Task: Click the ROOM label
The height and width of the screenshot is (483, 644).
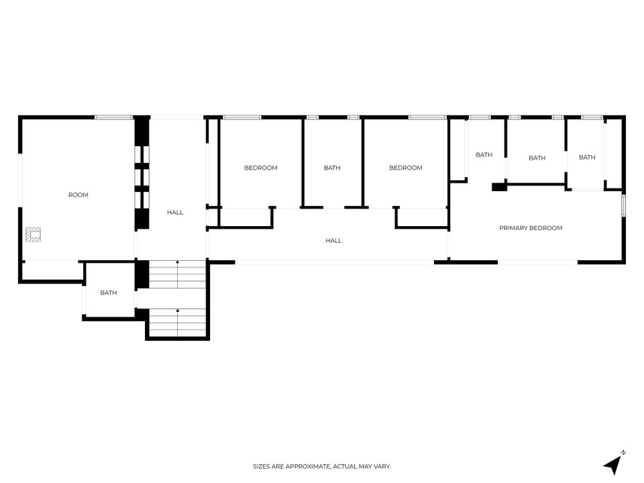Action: (78, 195)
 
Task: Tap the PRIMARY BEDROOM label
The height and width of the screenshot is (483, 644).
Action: (531, 228)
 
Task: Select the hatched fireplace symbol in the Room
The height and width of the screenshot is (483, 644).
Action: (33, 235)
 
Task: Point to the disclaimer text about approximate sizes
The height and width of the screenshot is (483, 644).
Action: (321, 466)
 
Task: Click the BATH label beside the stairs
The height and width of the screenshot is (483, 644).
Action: (109, 293)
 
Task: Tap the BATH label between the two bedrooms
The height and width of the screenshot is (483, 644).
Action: (332, 168)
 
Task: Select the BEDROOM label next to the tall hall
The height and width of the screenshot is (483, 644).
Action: (261, 168)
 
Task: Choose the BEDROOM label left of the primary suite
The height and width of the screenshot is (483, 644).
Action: (405, 168)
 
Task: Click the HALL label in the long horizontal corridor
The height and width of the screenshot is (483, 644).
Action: (333, 240)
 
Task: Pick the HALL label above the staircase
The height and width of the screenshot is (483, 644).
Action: (175, 213)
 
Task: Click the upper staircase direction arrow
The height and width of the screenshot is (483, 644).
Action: (177, 274)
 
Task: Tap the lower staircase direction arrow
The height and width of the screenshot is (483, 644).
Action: (177, 323)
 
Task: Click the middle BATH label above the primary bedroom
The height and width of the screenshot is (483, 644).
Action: (537, 158)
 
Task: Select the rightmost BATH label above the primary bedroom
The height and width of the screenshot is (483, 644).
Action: (587, 157)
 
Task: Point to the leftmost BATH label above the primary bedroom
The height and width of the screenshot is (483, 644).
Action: (484, 155)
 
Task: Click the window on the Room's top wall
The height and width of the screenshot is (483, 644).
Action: (114, 117)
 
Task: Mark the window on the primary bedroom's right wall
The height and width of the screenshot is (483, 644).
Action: (623, 205)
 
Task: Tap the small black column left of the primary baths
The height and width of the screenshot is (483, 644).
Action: (499, 187)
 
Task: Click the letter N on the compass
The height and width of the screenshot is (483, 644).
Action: (623, 453)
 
